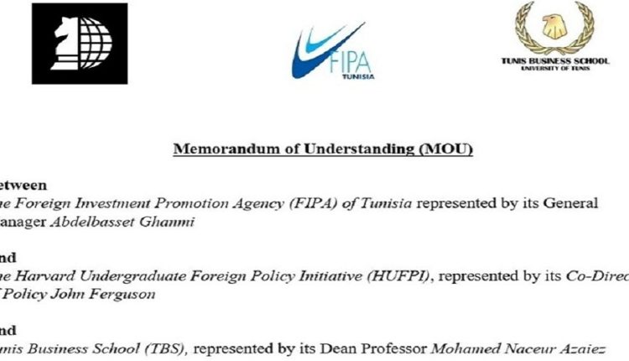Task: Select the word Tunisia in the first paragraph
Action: [387, 204]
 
